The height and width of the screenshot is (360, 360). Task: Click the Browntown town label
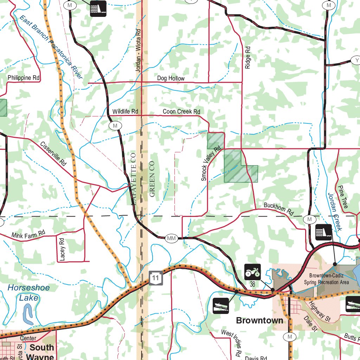(x=259, y=320)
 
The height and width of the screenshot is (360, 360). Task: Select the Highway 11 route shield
(x=156, y=278)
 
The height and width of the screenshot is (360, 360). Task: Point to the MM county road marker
(x=171, y=239)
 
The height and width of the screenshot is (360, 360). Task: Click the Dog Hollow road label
(x=171, y=78)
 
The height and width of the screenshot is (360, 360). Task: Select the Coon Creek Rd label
(x=181, y=111)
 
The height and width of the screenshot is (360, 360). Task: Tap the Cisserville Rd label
(x=53, y=154)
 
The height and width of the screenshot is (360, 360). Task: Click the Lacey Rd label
(x=62, y=249)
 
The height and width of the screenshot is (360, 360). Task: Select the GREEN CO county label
(x=152, y=179)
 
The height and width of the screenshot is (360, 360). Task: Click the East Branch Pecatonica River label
(x=51, y=47)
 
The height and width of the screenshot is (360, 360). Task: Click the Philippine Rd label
(x=24, y=77)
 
